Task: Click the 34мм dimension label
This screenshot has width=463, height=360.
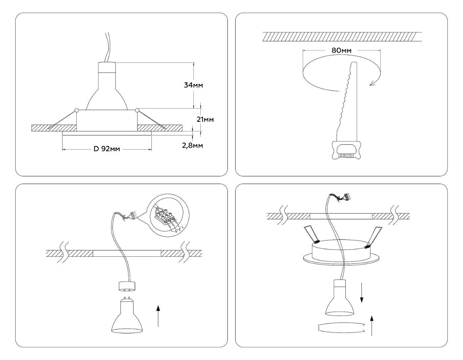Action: coord(193,85)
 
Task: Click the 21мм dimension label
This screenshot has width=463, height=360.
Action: coord(205,119)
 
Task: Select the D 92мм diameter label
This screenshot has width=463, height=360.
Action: coord(106,149)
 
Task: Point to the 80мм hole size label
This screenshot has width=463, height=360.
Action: coord(341,50)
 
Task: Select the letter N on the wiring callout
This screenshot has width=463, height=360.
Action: coord(176,232)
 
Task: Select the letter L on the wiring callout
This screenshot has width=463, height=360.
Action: coord(183,226)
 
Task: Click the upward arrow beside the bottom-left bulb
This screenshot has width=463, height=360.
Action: coord(158,316)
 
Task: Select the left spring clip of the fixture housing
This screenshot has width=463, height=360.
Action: coord(311,234)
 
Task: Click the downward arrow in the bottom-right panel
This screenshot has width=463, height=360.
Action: coord(361,292)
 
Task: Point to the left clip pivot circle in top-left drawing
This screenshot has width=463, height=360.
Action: coord(77,110)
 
